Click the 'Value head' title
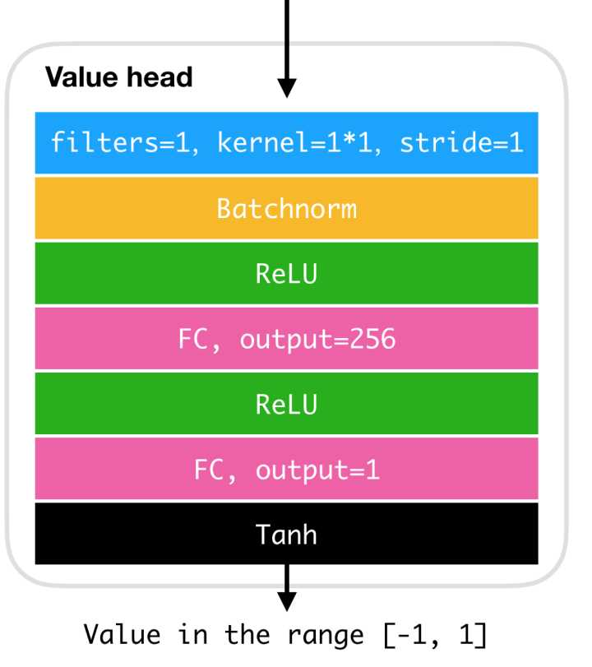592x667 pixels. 119,77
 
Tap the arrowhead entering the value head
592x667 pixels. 287,88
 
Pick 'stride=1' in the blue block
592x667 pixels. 461,142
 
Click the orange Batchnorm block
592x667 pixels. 287,208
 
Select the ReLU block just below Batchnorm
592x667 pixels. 287,274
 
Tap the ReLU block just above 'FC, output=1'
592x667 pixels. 287,404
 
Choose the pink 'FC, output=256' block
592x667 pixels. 287,339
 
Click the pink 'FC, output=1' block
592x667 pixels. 287,469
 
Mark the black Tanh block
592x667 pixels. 287,534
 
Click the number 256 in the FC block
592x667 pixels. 372,339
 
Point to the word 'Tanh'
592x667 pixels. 287,535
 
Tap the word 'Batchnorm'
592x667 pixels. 287,208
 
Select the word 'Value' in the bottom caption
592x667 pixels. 122,635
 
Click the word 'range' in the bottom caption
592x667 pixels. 326,637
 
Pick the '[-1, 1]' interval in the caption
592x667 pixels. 435,635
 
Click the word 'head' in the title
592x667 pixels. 160,77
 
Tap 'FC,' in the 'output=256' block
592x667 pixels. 200,340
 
